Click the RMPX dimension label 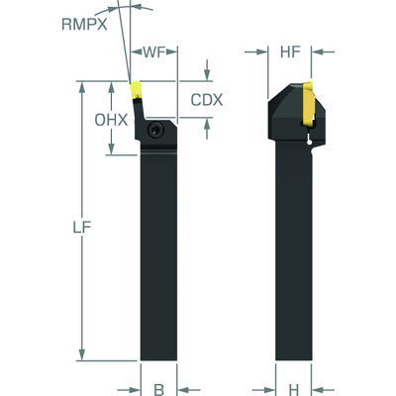point(84,25)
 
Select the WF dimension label point(153,51)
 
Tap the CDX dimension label point(207,100)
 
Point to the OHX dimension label point(111,120)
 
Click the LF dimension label point(82,228)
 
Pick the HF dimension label point(290,51)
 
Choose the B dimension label point(159,389)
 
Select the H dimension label point(294,389)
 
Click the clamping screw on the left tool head point(155,130)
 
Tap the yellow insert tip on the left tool point(136,88)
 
